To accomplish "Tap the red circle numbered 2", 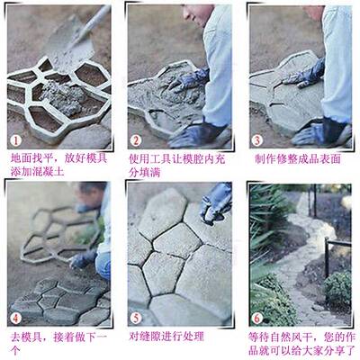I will (136, 139).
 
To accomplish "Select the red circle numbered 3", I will (256, 139).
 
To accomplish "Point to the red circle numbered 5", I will (136, 316).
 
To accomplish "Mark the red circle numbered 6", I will (256, 316).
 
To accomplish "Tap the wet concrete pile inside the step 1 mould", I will (59, 91).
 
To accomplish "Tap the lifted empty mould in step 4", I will (54, 234).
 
